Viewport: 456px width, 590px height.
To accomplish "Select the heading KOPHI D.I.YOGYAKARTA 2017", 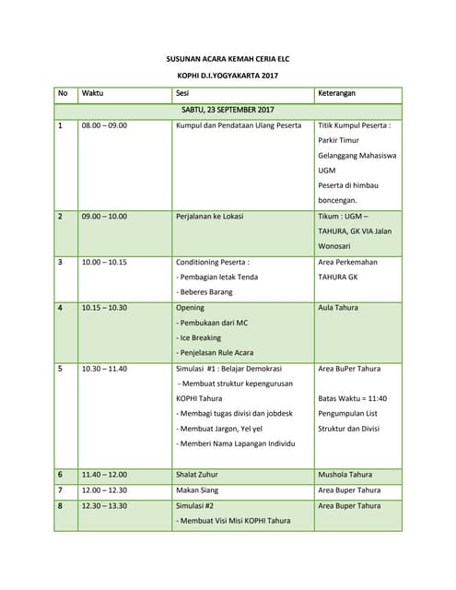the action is tap(228, 76).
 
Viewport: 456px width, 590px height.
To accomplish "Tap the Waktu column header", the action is tap(92, 94).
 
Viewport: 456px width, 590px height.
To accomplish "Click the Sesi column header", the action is tap(183, 94).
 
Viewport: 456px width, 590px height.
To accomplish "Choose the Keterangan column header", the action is tap(337, 94).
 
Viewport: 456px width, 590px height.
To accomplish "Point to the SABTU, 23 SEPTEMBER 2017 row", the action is tap(228, 110).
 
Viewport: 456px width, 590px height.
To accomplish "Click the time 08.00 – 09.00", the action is tap(105, 125).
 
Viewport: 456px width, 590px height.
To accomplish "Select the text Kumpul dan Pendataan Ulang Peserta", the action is tap(239, 125).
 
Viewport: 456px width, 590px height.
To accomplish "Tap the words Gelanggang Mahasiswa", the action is tap(357, 156).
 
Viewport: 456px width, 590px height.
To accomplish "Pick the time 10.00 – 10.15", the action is tap(104, 262).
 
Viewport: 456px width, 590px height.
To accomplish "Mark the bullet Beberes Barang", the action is tap(205, 292).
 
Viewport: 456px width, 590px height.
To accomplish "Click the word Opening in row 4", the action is tap(192, 308).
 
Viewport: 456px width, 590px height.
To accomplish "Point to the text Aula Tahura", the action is tap(338, 308).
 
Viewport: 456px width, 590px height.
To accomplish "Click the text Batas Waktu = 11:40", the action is tap(353, 398).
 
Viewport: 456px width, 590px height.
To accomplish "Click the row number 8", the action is tap(61, 505).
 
